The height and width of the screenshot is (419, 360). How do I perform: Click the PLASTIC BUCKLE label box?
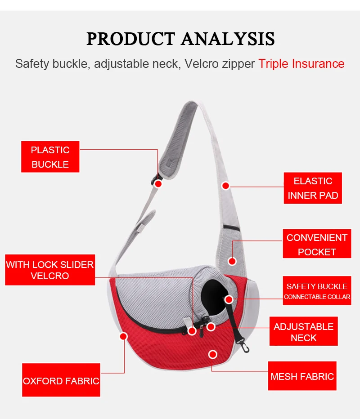[50, 157]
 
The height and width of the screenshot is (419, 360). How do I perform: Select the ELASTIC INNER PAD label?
[313, 188]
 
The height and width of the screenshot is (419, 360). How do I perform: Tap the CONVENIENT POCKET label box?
[317, 244]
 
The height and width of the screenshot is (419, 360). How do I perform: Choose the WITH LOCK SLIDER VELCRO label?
[50, 270]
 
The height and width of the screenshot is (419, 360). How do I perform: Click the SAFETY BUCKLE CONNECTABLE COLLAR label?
[317, 291]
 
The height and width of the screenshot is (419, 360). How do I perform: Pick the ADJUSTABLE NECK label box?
[303, 332]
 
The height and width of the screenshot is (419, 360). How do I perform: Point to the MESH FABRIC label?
[302, 376]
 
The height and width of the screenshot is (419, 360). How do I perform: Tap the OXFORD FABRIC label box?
[61, 381]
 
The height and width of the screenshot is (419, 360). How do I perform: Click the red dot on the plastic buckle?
[158, 183]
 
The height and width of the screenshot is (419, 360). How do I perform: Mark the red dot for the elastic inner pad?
[226, 185]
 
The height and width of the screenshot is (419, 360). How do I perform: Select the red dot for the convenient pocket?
[232, 260]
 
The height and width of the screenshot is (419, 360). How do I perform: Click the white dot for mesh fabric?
[213, 354]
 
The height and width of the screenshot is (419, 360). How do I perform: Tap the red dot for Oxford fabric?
[124, 336]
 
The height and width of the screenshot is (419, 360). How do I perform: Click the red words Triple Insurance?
[301, 64]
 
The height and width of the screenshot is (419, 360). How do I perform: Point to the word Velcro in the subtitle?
[202, 64]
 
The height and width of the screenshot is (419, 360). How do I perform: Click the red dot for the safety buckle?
[229, 299]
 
